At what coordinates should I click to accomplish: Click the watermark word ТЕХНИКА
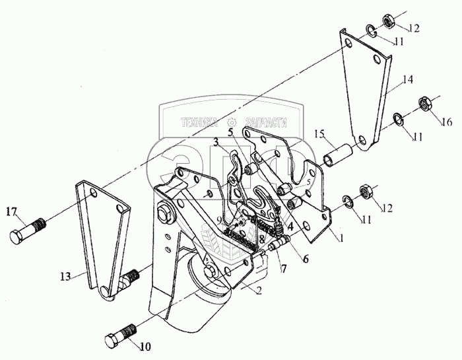199,122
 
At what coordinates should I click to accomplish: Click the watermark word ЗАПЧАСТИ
267,122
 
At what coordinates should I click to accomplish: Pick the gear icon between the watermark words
231,122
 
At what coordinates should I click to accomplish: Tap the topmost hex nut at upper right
389,20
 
